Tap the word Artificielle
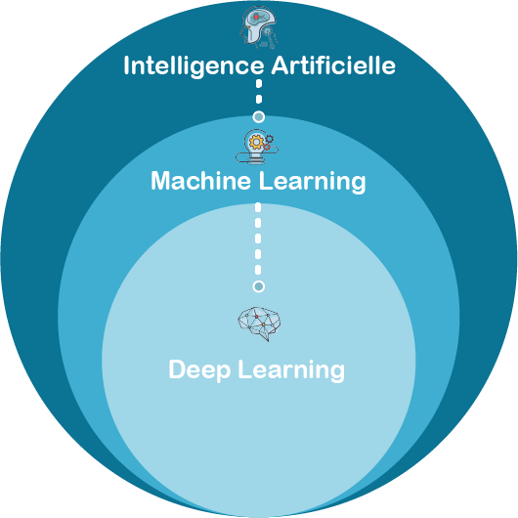[x=333, y=65]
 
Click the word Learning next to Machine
[x=312, y=182]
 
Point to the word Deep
[x=199, y=370]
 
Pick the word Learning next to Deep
[x=291, y=370]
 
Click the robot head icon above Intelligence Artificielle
[x=259, y=28]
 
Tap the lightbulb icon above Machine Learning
[x=257, y=147]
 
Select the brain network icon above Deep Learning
[x=259, y=324]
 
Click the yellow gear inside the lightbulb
[x=256, y=142]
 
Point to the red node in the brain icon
[x=257, y=317]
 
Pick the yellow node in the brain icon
[x=263, y=325]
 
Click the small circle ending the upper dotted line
[x=259, y=116]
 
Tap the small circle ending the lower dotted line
[x=259, y=286]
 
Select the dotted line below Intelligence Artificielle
[x=259, y=92]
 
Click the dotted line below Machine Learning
[x=258, y=238]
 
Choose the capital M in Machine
[x=161, y=181]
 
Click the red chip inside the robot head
[x=256, y=17]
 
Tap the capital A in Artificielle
[x=281, y=65]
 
